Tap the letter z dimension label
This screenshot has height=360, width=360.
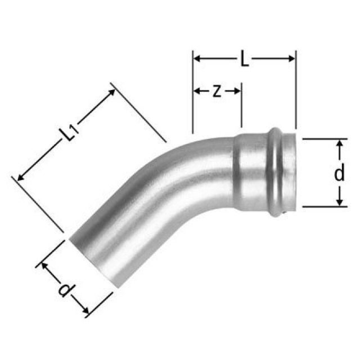[x=216, y=91]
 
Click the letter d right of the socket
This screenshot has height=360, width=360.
[x=339, y=174]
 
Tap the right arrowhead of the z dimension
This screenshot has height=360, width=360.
[x=238, y=91]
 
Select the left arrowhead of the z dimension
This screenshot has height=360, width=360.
[x=197, y=91]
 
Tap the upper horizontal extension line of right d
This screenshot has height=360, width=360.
[x=323, y=138]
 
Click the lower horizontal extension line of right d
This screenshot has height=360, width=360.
[x=323, y=207]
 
